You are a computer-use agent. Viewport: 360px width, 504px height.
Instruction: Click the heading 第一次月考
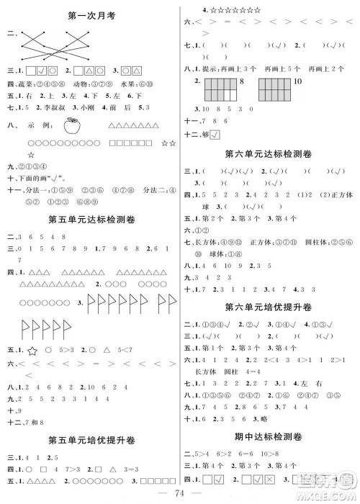tap(91, 14)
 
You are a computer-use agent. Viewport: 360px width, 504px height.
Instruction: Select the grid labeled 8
tap(221, 91)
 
